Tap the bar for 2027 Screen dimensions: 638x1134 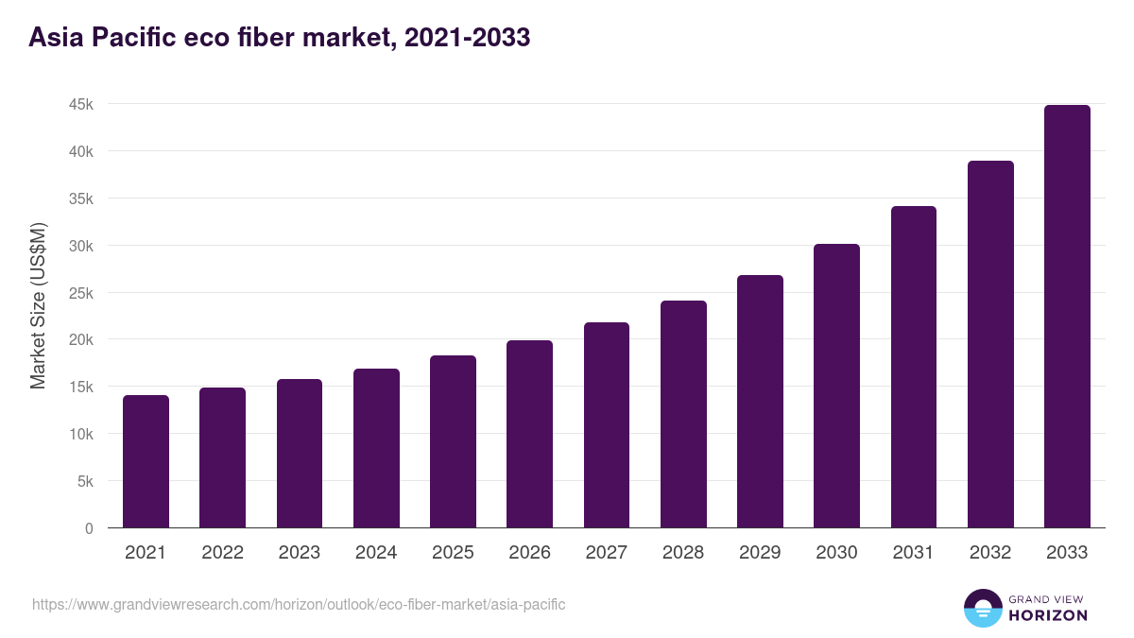click(x=607, y=425)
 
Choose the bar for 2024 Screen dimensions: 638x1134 click(x=376, y=448)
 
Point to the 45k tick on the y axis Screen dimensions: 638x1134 click(x=81, y=104)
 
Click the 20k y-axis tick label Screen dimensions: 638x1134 click(x=81, y=339)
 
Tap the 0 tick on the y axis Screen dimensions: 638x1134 click(x=89, y=528)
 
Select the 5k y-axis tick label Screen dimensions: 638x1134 click(x=85, y=481)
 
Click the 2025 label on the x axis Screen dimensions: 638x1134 click(x=453, y=553)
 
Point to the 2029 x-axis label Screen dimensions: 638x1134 click(x=760, y=553)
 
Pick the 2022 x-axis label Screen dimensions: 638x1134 click(x=222, y=553)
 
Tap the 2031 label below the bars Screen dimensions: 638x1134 click(x=914, y=553)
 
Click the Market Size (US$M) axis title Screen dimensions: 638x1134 click(x=38, y=304)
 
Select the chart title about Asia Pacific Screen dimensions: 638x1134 click(x=280, y=38)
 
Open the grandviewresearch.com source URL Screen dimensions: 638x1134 click(x=299, y=604)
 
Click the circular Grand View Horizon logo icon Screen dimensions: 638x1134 click(x=982, y=608)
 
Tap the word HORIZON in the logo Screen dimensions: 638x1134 click(x=1047, y=615)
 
